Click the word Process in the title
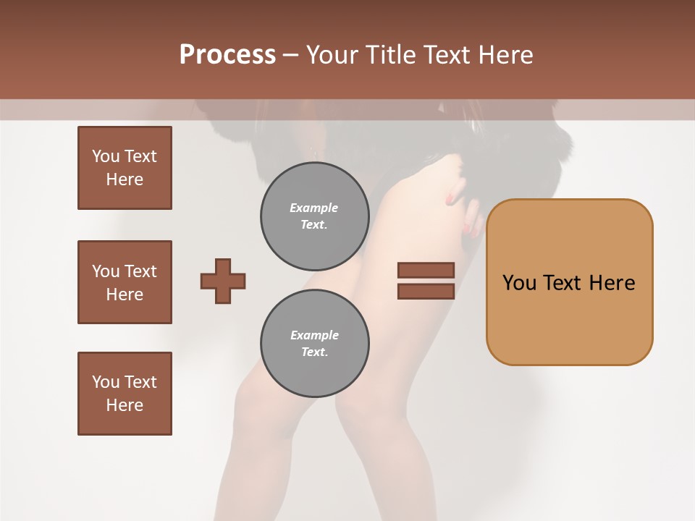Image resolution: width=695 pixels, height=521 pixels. pyautogui.click(x=227, y=55)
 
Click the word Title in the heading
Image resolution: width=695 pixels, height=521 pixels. pyautogui.click(x=390, y=55)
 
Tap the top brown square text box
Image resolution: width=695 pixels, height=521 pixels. pyautogui.click(x=125, y=168)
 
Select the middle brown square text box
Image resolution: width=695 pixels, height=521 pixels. pyautogui.click(x=125, y=282)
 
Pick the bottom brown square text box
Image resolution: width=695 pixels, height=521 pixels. pyautogui.click(x=125, y=394)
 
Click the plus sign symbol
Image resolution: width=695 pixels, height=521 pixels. pyautogui.click(x=223, y=281)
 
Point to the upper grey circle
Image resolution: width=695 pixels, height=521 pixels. pyautogui.click(x=314, y=216)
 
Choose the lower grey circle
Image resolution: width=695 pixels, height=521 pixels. pyautogui.click(x=314, y=344)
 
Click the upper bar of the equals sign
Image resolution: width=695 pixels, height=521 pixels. pyautogui.click(x=426, y=270)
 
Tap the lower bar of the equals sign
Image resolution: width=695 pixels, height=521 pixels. pyautogui.click(x=426, y=292)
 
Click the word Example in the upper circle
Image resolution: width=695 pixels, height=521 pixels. pyautogui.click(x=314, y=208)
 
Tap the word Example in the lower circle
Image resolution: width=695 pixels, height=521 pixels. pyautogui.click(x=314, y=336)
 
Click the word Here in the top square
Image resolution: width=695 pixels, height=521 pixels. pyautogui.click(x=125, y=179)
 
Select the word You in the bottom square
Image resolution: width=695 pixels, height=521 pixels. pyautogui.click(x=106, y=382)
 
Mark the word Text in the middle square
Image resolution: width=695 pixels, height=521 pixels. pyautogui.click(x=140, y=271)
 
